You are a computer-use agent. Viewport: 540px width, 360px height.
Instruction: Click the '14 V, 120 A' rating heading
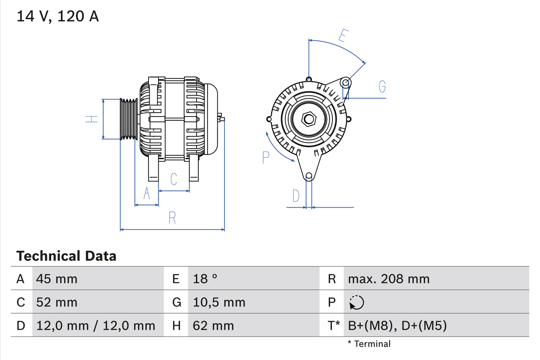pyautogui.click(x=58, y=16)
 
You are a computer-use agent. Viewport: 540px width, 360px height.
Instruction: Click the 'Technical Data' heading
pyautogui.click(x=66, y=256)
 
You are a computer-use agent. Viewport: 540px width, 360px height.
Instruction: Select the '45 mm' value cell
pyautogui.click(x=57, y=279)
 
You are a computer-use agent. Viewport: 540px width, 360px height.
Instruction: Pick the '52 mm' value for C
pyautogui.click(x=57, y=302)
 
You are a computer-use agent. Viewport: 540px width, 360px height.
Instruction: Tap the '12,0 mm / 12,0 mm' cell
pyautogui.click(x=96, y=325)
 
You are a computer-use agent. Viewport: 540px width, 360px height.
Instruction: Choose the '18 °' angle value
pyautogui.click(x=205, y=279)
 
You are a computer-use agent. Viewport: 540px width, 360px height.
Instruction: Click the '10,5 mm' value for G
pyautogui.click(x=219, y=302)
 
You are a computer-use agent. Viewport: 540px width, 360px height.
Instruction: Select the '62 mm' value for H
pyautogui.click(x=213, y=325)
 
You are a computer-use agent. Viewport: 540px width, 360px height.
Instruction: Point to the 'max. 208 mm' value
pyautogui.click(x=389, y=279)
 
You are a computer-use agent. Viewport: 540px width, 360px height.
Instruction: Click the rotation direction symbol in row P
pyautogui.click(x=356, y=302)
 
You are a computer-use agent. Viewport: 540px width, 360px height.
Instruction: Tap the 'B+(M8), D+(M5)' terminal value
pyautogui.click(x=397, y=325)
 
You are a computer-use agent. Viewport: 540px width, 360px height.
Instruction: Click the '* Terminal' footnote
pyautogui.click(x=369, y=344)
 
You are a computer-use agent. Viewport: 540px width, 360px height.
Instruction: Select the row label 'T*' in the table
pyautogui.click(x=334, y=325)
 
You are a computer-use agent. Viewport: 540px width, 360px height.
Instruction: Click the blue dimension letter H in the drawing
pyautogui.click(x=91, y=119)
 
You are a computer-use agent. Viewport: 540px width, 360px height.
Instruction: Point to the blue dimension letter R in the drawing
pyautogui.click(x=172, y=218)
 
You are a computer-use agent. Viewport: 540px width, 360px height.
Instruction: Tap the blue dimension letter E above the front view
pyautogui.click(x=343, y=36)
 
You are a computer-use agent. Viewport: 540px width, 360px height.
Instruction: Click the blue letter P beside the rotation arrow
pyautogui.click(x=265, y=157)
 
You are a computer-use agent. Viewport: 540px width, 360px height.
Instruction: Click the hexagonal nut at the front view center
pyautogui.click(x=309, y=119)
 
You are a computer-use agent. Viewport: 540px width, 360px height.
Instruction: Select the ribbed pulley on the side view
pyautogui.click(x=129, y=119)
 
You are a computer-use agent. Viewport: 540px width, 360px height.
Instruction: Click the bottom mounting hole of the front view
pyautogui.click(x=309, y=176)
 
